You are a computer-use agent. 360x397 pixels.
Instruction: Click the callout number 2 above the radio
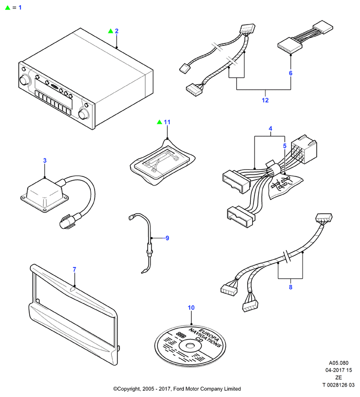(117, 31)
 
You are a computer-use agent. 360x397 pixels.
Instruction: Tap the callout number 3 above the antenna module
(45, 160)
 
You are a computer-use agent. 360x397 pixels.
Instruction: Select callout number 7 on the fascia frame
(74, 270)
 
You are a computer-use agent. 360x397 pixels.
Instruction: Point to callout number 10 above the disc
(191, 308)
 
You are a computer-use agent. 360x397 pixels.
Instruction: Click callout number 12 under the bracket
(265, 100)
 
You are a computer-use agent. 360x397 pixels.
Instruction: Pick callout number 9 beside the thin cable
(167, 238)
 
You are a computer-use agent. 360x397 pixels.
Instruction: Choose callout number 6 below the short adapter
(291, 73)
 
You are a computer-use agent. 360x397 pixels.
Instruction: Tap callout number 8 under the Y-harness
(291, 287)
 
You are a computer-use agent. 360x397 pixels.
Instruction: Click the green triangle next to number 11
(159, 122)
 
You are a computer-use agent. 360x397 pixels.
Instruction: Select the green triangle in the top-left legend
(8, 8)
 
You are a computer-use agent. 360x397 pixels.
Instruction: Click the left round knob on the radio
(25, 80)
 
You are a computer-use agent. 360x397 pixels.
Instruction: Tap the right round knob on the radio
(84, 114)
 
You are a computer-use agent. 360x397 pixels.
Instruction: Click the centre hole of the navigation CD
(190, 346)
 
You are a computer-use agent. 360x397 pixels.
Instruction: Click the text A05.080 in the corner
(339, 363)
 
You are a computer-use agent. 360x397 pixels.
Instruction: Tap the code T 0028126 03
(339, 385)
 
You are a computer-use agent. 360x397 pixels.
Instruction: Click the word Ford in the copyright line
(179, 389)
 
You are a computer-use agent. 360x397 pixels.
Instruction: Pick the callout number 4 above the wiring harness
(270, 129)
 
